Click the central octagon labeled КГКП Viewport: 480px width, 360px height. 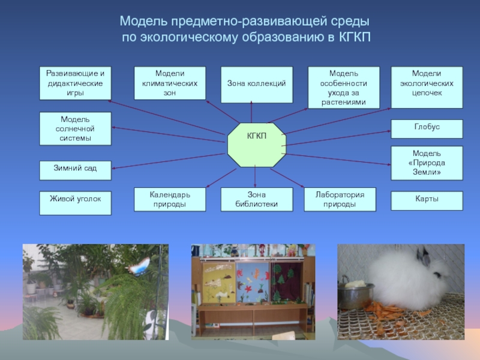point(257,146)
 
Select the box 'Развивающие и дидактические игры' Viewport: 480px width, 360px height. point(75,83)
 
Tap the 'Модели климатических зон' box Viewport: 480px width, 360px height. point(170,83)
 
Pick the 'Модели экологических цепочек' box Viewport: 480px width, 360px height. point(427,83)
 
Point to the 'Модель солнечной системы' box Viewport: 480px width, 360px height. point(75,128)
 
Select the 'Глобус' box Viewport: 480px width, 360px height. point(427,128)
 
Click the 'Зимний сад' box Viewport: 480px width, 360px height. point(75,170)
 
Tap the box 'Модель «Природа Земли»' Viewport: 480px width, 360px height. point(427,163)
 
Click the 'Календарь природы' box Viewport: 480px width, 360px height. point(170,199)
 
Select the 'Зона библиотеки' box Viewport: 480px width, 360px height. point(257,199)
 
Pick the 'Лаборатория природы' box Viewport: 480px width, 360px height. point(340,199)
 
